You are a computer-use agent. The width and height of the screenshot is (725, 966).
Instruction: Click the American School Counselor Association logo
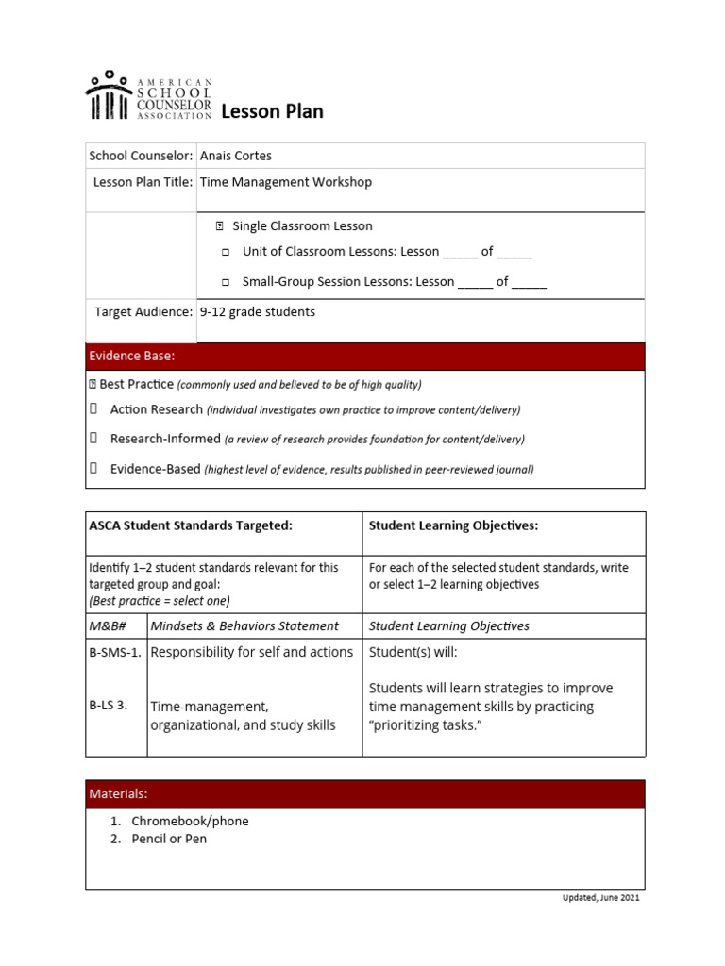pyautogui.click(x=148, y=95)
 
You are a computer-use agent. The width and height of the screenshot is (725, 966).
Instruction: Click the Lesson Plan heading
pyautogui.click(x=272, y=111)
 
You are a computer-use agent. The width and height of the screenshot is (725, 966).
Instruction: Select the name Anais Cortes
pyautogui.click(x=236, y=156)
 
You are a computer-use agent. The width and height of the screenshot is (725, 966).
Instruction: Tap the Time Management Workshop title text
pyautogui.click(x=286, y=182)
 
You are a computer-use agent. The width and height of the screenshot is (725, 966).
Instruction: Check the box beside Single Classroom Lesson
pyautogui.click(x=219, y=226)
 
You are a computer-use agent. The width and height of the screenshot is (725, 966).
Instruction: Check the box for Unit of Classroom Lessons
pyautogui.click(x=226, y=253)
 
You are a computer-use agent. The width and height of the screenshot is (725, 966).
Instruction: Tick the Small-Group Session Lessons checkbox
pyautogui.click(x=226, y=282)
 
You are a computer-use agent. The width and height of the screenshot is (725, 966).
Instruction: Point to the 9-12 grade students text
pyautogui.click(x=258, y=311)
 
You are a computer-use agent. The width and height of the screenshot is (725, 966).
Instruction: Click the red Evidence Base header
pyautogui.click(x=365, y=357)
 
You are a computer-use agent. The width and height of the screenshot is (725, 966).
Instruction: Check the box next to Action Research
pyautogui.click(x=94, y=409)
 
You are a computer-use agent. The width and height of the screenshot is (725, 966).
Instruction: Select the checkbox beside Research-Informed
pyautogui.click(x=94, y=439)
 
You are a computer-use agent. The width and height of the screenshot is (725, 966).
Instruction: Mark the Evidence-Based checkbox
pyautogui.click(x=94, y=468)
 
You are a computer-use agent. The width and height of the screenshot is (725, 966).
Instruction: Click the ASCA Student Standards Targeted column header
pyautogui.click(x=191, y=525)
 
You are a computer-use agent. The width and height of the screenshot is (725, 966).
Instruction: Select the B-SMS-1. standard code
pyautogui.click(x=115, y=652)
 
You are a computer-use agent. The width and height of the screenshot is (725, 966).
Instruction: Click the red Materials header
pyautogui.click(x=365, y=794)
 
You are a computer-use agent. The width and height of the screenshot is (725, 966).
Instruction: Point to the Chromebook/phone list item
pyautogui.click(x=190, y=821)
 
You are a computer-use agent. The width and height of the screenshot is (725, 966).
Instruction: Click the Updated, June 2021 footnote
pyautogui.click(x=600, y=897)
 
